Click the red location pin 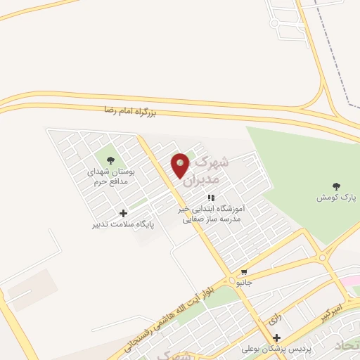coord(181,165)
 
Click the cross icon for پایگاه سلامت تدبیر coord(124,213)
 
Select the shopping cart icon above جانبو coord(244,271)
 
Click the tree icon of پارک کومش coord(336,186)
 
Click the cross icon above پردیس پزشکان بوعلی coord(277,337)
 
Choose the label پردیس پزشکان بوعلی coord(267,349)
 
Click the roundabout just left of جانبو coord(232,281)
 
